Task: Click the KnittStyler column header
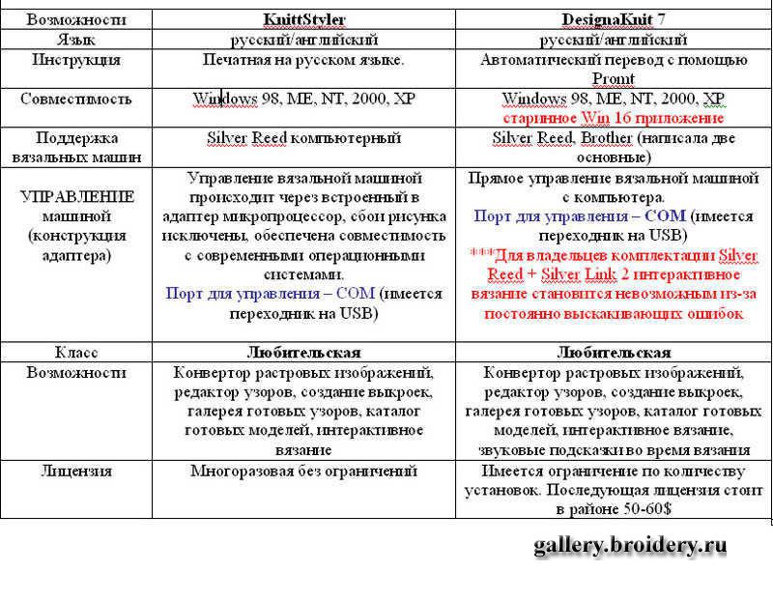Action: coord(303,19)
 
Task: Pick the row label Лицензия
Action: coord(76,472)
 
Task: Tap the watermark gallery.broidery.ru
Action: coord(629,546)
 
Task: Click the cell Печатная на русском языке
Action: coord(303,60)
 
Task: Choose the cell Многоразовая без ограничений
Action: coord(303,472)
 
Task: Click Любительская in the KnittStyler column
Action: coord(303,353)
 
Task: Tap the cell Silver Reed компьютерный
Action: coord(303,137)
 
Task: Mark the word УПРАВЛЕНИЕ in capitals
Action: coord(77,196)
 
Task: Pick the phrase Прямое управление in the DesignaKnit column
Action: coord(526,179)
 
